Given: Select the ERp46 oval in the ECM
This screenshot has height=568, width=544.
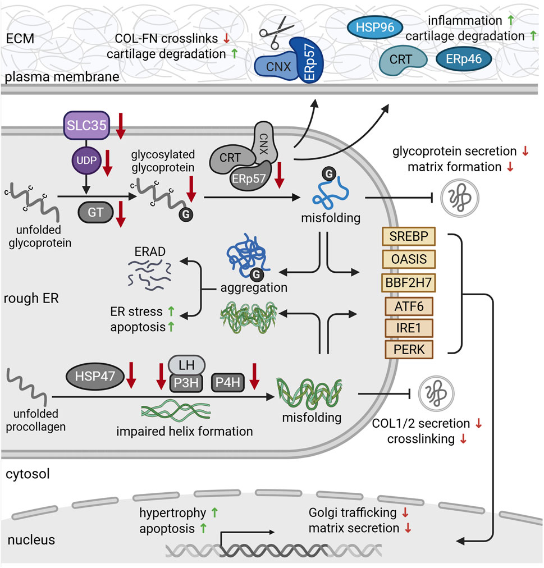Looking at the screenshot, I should pyautogui.click(x=459, y=58).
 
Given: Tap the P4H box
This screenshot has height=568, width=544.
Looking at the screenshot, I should pyautogui.click(x=228, y=383).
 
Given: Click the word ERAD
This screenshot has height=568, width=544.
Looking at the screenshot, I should pyautogui.click(x=149, y=253).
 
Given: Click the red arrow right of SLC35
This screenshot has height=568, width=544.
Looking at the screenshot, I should pyautogui.click(x=120, y=125).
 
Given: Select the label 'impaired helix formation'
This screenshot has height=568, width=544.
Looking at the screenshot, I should pyautogui.click(x=185, y=431).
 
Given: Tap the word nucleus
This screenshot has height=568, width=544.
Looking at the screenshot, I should pyautogui.click(x=31, y=540).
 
